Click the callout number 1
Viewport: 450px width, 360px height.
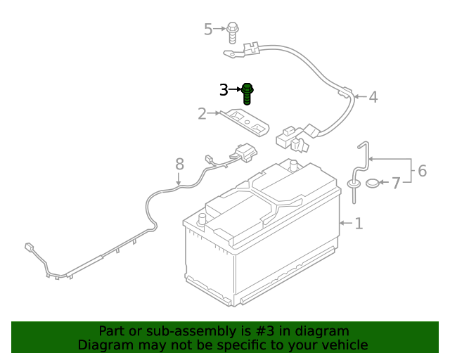359,224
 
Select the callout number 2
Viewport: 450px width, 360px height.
202,113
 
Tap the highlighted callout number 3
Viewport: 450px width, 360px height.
224,90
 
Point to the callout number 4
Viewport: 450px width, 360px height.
373,97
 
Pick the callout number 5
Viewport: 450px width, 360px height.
208,29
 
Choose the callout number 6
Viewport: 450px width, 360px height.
422,170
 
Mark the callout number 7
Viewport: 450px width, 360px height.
396,183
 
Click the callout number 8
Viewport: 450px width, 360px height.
179,164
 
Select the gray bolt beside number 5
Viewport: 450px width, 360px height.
233,29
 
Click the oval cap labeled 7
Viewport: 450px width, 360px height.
373,184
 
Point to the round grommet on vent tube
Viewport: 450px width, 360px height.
353,184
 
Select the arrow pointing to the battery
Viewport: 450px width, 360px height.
345,224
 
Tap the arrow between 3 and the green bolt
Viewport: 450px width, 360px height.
235,90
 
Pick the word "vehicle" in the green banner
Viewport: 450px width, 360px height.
343,345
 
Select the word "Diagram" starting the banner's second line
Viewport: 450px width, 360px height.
103,345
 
